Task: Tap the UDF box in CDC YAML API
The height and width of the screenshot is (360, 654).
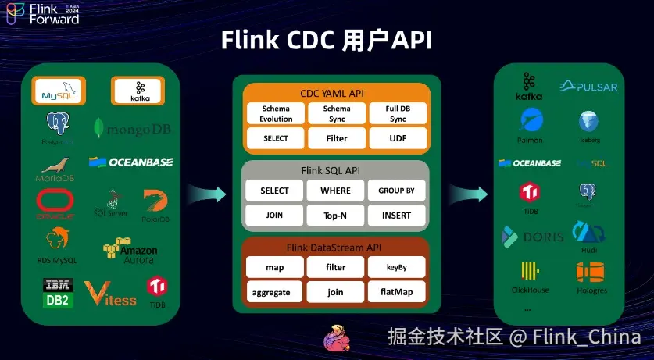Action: pyautogui.click(x=397, y=138)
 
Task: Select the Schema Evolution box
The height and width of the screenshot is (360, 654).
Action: pyautogui.click(x=276, y=114)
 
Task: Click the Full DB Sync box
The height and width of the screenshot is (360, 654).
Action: pyautogui.click(x=397, y=114)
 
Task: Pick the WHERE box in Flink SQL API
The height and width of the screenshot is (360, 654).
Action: pyautogui.click(x=336, y=191)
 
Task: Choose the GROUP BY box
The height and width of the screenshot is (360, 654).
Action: pyautogui.click(x=397, y=191)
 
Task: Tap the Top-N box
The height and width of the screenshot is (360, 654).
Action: pyautogui.click(x=336, y=215)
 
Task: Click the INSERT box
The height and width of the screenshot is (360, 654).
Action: pyautogui.click(x=397, y=215)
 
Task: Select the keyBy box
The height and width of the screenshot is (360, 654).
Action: pyautogui.click(x=397, y=267)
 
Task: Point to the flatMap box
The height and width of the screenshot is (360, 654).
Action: pyautogui.click(x=397, y=291)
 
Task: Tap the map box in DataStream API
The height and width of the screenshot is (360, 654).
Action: pyautogui.click(x=274, y=267)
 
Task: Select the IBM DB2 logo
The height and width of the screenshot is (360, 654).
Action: pyautogui.click(x=58, y=292)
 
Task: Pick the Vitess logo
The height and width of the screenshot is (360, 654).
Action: pyautogui.click(x=110, y=294)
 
